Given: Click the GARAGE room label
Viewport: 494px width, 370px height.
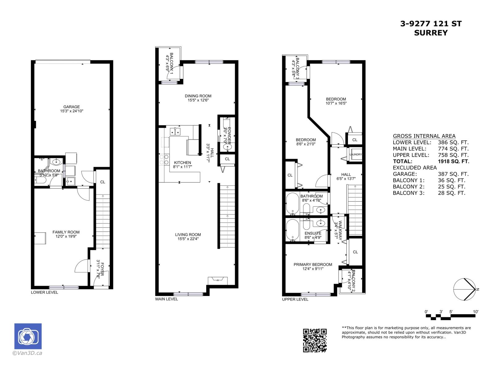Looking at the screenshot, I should click(72, 107).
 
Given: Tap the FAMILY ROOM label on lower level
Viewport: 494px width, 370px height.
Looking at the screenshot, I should click(66, 232).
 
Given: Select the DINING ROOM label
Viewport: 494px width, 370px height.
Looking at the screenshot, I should click(198, 96).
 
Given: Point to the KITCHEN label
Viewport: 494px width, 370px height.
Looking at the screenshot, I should click(182, 162).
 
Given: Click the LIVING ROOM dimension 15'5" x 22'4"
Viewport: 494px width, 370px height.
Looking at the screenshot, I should click(188, 238).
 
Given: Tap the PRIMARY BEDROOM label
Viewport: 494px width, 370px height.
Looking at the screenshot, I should click(313, 265).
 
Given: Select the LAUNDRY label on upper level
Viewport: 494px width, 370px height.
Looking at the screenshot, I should click(355, 154).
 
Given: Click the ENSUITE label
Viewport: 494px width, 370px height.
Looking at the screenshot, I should click(313, 233).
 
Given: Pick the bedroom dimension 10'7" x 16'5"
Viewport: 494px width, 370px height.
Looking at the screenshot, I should click(336, 103).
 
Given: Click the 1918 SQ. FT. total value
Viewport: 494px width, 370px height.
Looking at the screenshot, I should click(453, 161).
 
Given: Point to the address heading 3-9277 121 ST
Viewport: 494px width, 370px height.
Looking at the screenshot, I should click(431, 24).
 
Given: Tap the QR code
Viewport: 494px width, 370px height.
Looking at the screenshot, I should click(315, 340).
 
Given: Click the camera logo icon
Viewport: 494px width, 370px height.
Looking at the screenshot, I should click(28, 336).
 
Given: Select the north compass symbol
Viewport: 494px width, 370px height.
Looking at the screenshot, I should click(464, 289).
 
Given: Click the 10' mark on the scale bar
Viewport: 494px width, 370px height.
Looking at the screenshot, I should click(475, 312).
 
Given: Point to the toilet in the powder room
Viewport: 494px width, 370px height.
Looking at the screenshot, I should click(227, 147).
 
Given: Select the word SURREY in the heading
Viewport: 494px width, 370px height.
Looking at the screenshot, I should click(431, 33).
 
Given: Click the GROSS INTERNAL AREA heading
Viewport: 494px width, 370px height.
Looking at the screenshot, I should click(424, 136).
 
